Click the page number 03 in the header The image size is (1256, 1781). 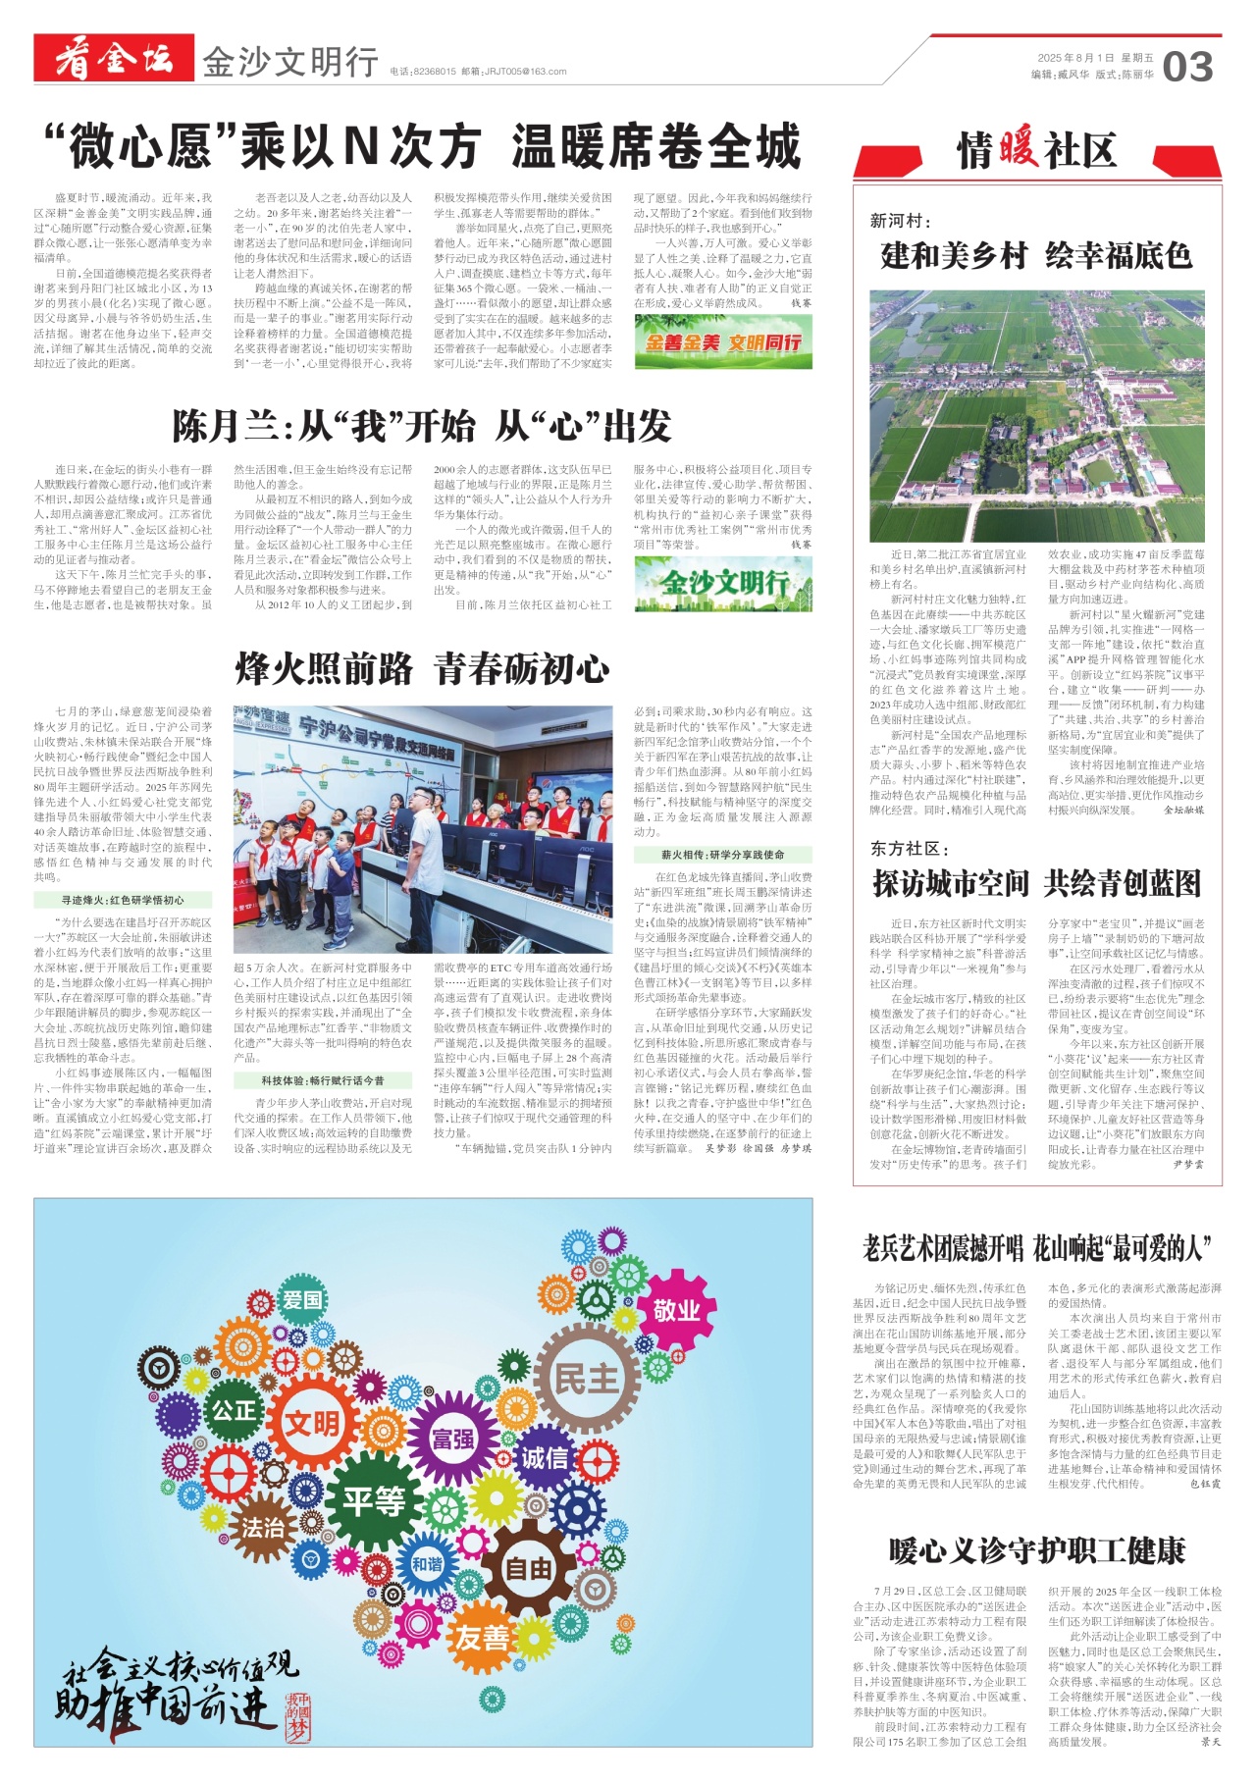click(x=1187, y=67)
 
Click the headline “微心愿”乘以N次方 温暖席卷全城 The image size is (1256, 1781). click(x=422, y=147)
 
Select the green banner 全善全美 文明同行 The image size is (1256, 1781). click(x=723, y=342)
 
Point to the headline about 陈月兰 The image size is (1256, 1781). click(x=422, y=426)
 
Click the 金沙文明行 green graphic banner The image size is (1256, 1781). click(x=723, y=583)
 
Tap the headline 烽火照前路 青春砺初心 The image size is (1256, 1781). click(x=422, y=669)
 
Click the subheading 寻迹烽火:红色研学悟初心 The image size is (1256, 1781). click(x=123, y=899)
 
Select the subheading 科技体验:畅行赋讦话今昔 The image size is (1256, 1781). click(x=323, y=1080)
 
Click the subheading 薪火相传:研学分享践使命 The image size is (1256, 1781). click(x=722, y=855)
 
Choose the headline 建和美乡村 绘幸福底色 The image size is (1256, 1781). click(x=1036, y=256)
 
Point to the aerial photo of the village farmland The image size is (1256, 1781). click(x=1036, y=415)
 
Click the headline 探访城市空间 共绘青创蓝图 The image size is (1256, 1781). click(x=1036, y=883)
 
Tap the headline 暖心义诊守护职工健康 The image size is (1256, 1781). click(x=1036, y=1551)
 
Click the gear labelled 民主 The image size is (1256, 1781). click(x=586, y=1379)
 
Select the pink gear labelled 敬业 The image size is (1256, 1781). click(x=676, y=1310)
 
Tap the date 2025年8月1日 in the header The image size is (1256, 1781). click(x=1075, y=59)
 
